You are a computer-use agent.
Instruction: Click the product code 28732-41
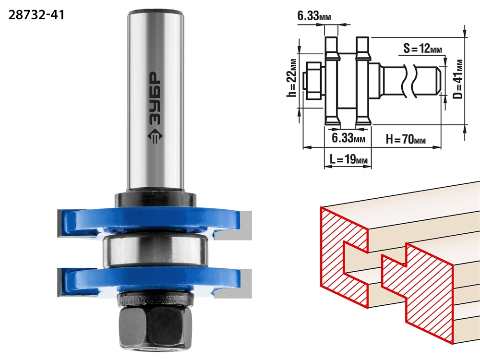[36, 15]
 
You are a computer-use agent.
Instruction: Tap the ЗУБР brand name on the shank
[155, 98]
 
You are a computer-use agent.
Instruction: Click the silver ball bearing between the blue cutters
[155, 250]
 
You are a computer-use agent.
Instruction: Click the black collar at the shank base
[156, 199]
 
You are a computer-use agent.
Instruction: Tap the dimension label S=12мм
[423, 48]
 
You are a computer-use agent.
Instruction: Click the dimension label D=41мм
[458, 79]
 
